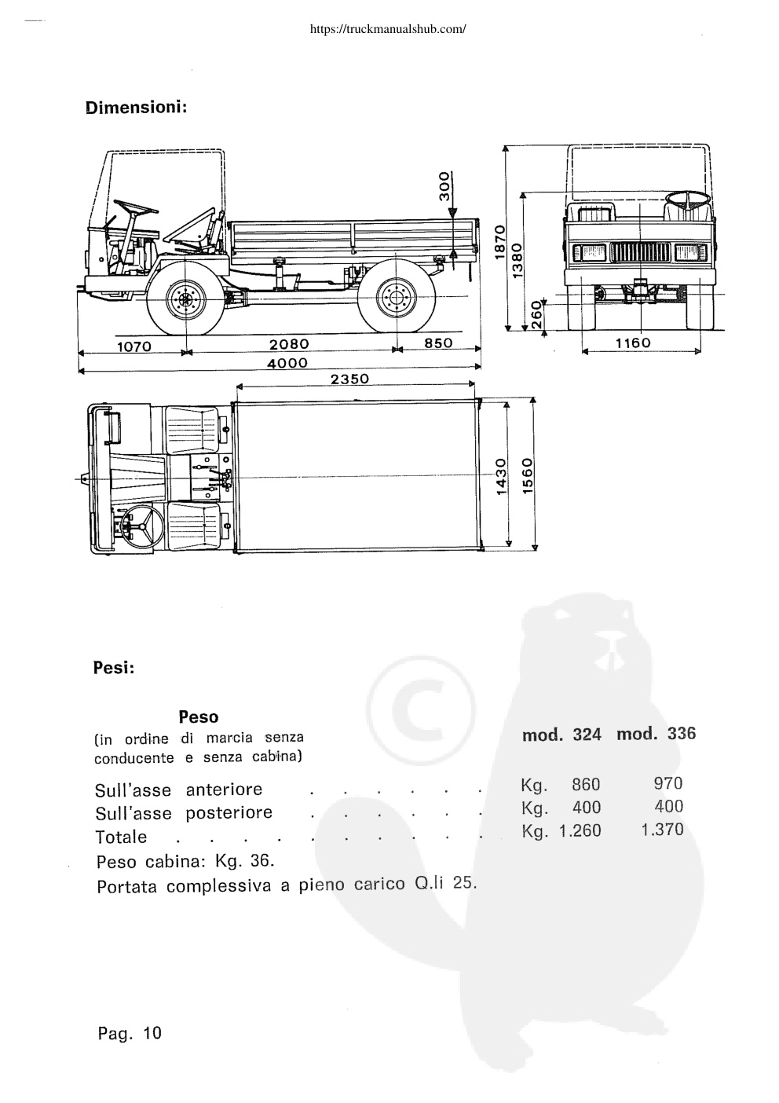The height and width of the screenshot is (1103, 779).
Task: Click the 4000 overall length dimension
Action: point(287,364)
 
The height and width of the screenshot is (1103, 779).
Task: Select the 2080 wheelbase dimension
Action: point(289,344)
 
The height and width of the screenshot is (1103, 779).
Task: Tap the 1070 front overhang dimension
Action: point(133,346)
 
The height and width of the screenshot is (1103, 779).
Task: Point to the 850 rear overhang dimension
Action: point(438,343)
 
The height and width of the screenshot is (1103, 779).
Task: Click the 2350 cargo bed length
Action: point(350,379)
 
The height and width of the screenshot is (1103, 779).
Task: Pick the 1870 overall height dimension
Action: point(500,242)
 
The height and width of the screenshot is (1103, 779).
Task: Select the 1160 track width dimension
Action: point(633,343)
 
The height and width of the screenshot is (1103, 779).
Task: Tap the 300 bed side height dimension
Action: point(444,185)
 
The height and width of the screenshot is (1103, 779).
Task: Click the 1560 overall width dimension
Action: point(528,475)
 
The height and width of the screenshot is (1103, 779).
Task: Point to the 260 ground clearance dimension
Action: point(536,315)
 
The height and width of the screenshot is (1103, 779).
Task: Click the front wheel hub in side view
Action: point(185,299)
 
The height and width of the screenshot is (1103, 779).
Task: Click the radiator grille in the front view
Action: point(640,252)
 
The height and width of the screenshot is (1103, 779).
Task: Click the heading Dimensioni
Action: point(137,108)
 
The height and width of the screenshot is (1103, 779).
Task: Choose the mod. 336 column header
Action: point(656,734)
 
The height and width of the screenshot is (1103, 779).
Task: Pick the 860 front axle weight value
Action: point(586,784)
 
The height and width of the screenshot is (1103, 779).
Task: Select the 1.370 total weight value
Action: point(662,830)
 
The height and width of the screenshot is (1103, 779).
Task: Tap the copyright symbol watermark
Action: point(421,710)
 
